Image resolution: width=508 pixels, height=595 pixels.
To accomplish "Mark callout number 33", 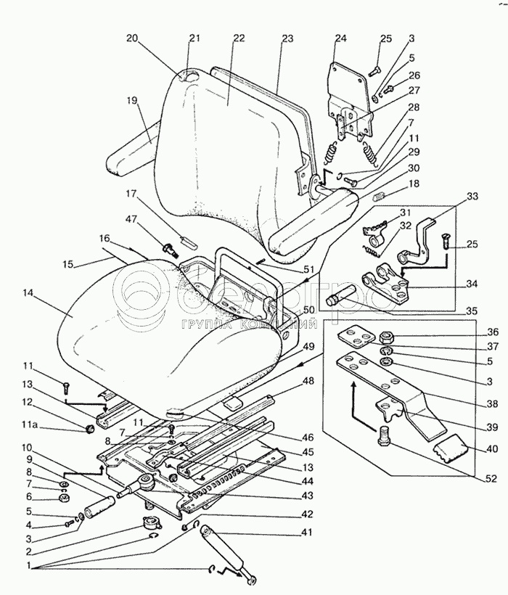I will (472, 197).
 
